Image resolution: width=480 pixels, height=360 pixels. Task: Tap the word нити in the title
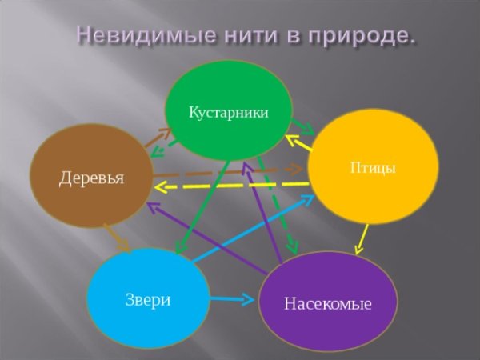point(252,35)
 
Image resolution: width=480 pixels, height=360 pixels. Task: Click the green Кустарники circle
point(229,111)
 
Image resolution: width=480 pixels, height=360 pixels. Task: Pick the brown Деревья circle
point(91,176)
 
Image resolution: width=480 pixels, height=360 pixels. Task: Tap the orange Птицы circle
point(373,167)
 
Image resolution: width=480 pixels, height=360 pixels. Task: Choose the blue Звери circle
point(148,298)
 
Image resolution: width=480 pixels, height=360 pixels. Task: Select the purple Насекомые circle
point(328,302)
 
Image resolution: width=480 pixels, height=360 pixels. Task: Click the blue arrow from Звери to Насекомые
point(232,298)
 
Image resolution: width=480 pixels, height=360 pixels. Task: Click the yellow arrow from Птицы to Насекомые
point(362,240)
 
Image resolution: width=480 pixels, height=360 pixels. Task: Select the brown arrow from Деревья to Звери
point(118,238)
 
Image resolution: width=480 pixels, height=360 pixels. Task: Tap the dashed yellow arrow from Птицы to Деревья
point(232,186)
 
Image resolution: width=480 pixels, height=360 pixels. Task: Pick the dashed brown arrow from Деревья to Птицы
point(228,171)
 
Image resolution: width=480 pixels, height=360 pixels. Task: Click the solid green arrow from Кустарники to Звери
point(202,207)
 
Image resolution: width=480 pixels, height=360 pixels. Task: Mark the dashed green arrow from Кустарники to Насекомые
point(277,205)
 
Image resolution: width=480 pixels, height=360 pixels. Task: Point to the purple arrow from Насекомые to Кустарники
point(262,212)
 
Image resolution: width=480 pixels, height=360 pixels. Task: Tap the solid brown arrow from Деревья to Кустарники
point(158,138)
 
